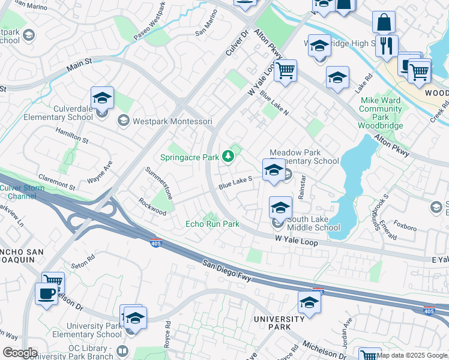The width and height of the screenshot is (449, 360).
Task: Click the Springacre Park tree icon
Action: click(x=228, y=157)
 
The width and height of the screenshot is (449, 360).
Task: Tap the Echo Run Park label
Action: click(x=212, y=224)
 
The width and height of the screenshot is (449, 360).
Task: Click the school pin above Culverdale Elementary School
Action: click(x=103, y=98)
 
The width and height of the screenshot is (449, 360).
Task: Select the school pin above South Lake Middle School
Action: click(x=280, y=208)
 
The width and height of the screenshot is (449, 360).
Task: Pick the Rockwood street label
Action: click(x=152, y=207)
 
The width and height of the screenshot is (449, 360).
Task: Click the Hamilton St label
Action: click(x=71, y=136)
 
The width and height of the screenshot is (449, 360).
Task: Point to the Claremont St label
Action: click(x=56, y=182)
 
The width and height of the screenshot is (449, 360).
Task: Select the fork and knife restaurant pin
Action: click(x=387, y=46)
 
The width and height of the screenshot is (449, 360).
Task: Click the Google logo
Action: click(x=20, y=352)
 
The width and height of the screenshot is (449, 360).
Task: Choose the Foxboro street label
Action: click(x=406, y=227)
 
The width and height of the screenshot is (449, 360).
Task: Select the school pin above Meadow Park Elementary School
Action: click(x=274, y=170)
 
